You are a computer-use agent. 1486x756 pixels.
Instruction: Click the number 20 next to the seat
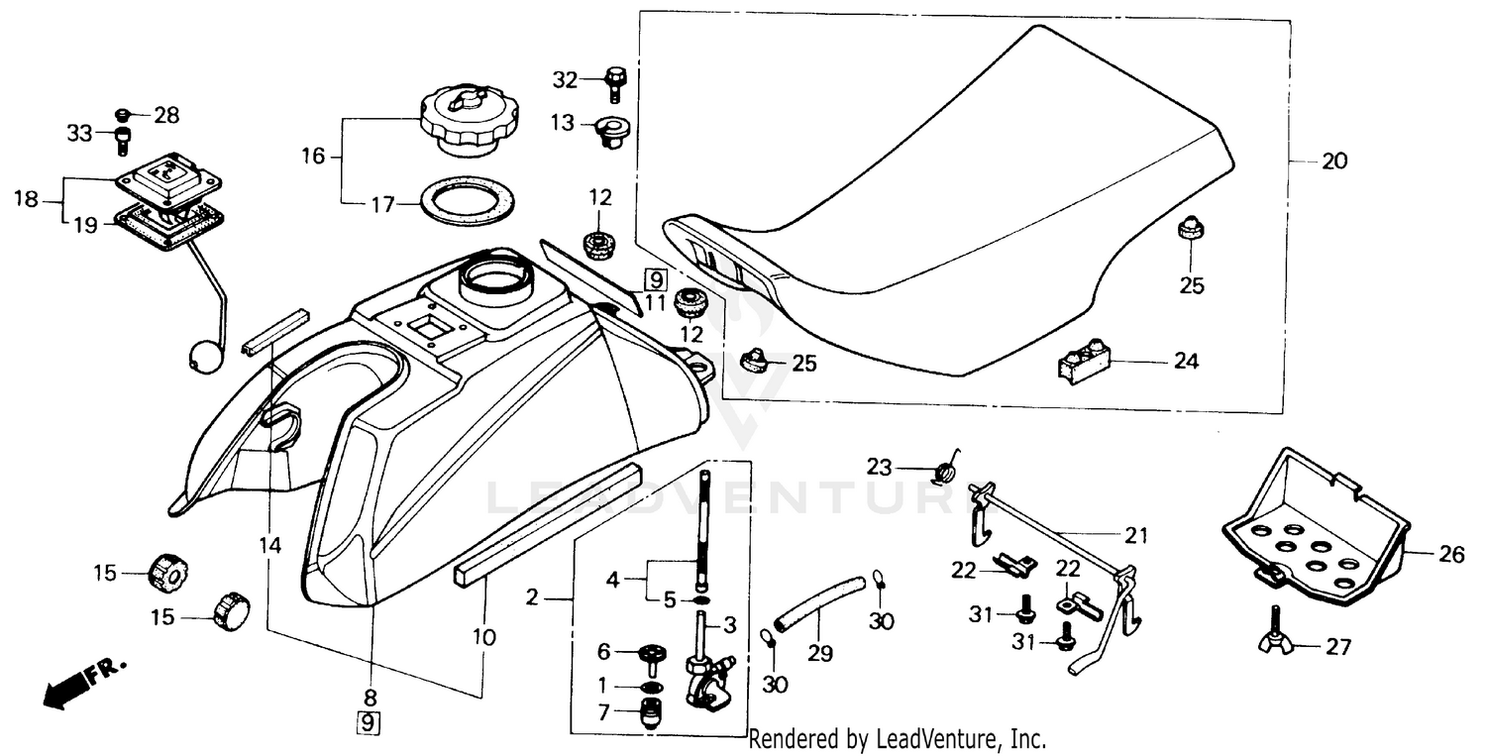[x=1334, y=161]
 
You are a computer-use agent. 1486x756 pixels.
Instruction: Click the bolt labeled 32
[x=613, y=80]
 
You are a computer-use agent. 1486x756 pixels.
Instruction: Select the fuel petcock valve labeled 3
[x=708, y=669]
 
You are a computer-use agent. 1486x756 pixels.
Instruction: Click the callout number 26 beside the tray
[x=1451, y=555]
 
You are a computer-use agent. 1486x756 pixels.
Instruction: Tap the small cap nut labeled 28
[x=126, y=114]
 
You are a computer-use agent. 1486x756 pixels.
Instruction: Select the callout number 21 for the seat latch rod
[x=1135, y=536]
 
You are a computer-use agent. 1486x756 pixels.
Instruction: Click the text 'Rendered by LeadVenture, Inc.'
[x=897, y=738]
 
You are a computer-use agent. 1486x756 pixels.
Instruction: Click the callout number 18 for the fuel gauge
[x=26, y=199]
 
